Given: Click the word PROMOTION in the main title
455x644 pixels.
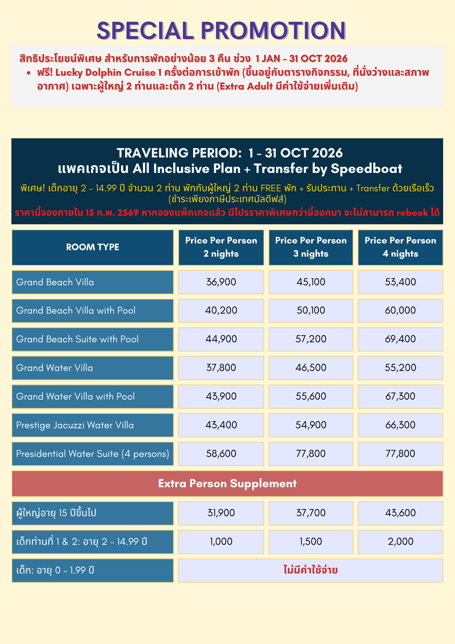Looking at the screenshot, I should coord(273,31).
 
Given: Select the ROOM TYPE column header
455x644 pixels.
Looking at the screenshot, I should coord(93,247).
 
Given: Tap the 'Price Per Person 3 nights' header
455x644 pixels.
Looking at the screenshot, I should coord(311,247).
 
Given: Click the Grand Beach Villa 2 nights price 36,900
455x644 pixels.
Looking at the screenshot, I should coord(221,282).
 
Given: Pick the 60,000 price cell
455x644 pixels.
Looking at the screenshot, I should coord(400,310).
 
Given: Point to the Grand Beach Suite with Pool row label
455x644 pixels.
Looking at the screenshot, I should coord(77,339).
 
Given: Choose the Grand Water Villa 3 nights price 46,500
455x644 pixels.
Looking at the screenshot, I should coord(311,368).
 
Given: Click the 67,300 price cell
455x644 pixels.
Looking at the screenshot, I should coord(400,396).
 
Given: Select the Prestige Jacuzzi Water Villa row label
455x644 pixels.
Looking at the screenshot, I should coord(75,425).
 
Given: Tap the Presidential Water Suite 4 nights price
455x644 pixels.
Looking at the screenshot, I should coord(400,454).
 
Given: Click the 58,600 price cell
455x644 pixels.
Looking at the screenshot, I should coord(221,454).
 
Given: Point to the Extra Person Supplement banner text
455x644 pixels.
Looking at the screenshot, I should coord(227,484).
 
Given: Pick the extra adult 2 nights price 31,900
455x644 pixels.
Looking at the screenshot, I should coord(221,513).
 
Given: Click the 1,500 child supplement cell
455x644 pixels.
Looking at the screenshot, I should coord(311,541).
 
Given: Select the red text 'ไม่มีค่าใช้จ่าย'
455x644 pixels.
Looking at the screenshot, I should coord(311,570).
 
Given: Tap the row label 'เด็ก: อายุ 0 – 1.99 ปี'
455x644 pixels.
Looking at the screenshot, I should coord(55,571).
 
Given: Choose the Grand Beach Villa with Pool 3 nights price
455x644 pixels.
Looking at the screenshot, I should coord(311,310).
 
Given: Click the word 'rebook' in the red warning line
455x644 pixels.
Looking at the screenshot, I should coord(412,213).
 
